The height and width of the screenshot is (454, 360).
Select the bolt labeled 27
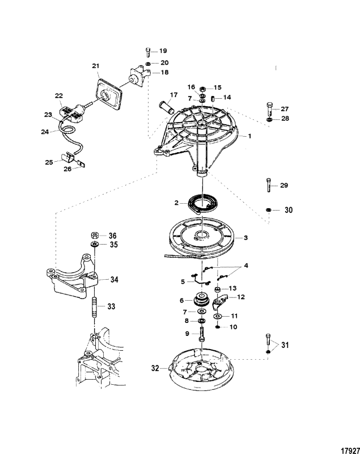268,108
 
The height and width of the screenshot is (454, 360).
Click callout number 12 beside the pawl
241,297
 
